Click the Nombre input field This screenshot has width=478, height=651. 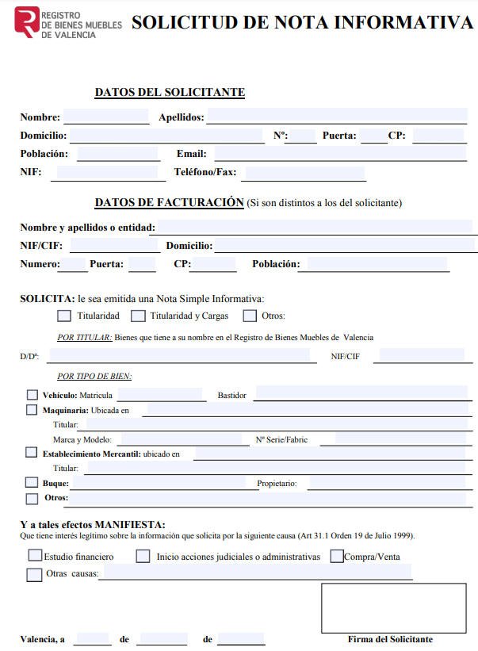(x=105, y=117)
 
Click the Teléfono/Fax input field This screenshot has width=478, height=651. (x=305, y=173)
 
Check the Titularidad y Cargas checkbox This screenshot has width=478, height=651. (x=139, y=316)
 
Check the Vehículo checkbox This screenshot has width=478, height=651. (x=32, y=394)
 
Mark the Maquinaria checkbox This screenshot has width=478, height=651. (x=32, y=410)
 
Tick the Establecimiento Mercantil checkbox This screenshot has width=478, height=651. (x=32, y=453)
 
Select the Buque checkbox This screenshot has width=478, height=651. (x=32, y=482)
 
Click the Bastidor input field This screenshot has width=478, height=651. (x=361, y=394)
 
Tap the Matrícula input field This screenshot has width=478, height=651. (x=160, y=394)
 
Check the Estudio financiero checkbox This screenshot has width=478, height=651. (x=35, y=556)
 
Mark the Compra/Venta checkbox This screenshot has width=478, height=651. (x=337, y=556)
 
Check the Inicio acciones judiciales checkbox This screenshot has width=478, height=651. (x=143, y=556)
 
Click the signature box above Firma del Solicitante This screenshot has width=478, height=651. (x=393, y=607)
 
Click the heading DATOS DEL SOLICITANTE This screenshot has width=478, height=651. (x=170, y=93)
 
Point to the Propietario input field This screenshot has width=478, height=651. (x=387, y=483)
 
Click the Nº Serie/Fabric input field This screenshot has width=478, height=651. (x=400, y=438)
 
